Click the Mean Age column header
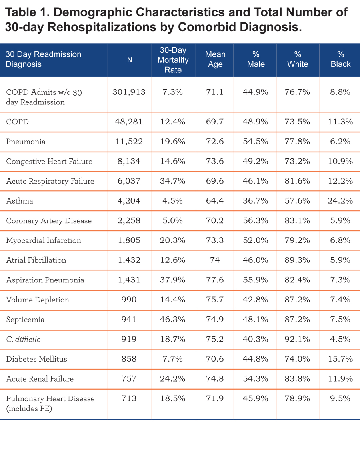(215, 59)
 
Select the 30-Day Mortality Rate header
(173, 60)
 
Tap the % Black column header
(340, 59)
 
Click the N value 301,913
(129, 92)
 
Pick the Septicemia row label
(25, 320)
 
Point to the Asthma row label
(20, 201)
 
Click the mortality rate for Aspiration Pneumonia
(173, 280)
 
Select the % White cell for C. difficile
(297, 339)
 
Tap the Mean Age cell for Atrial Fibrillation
(215, 260)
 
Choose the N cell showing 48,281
(129, 122)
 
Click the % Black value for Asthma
(340, 201)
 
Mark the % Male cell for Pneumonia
(256, 142)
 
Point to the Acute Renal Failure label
(40, 379)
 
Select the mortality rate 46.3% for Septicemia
(173, 320)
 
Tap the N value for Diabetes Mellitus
(129, 359)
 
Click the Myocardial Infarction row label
(44, 240)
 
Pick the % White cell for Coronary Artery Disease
(297, 220)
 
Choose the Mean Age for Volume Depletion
(215, 300)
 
